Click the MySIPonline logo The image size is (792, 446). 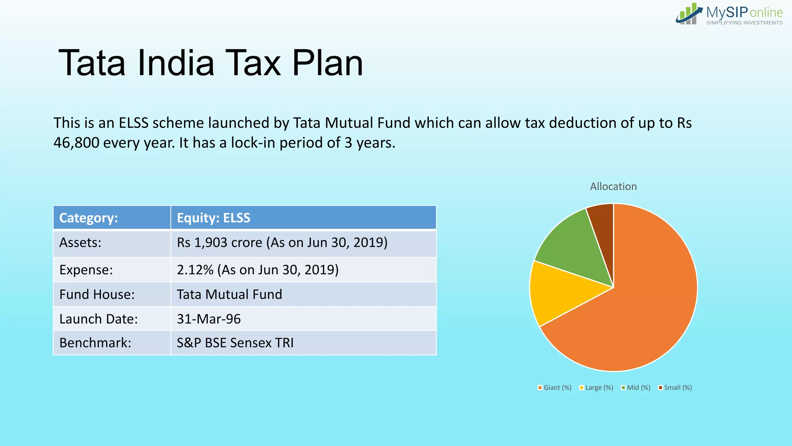729,15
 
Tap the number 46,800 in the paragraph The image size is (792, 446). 76,143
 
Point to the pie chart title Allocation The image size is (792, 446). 613,187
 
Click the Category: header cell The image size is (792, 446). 111,218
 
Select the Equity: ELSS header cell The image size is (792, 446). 303,218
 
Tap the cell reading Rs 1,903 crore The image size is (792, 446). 282,243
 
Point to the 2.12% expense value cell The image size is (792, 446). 258,270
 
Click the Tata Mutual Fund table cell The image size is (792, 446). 229,295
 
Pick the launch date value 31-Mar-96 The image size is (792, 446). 209,319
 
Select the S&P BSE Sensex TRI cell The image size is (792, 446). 235,343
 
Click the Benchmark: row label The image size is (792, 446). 95,343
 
